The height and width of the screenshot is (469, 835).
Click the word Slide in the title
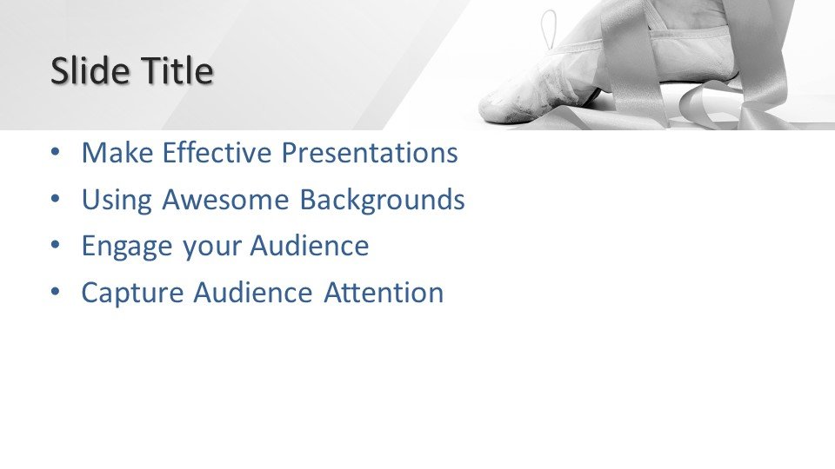tap(90, 70)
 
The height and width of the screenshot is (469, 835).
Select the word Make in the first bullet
tap(117, 153)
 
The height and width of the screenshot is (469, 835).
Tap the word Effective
tap(217, 153)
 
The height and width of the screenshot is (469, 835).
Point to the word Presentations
tap(370, 153)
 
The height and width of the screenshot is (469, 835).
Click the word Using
tap(117, 201)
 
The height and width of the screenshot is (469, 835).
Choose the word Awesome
tap(225, 200)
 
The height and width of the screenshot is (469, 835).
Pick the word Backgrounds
tap(382, 201)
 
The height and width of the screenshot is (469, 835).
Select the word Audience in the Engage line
tap(310, 246)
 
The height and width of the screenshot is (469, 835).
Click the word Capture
tap(132, 294)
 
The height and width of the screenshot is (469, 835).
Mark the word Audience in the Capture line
tap(252, 293)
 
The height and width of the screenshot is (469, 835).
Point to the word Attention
tap(384, 293)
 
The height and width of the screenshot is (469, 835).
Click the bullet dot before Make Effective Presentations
tap(56, 153)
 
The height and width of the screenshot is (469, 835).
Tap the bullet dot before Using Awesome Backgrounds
tap(56, 200)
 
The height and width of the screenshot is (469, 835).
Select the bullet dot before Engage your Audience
tap(56, 246)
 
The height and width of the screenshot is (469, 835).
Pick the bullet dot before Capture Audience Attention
tap(56, 293)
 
